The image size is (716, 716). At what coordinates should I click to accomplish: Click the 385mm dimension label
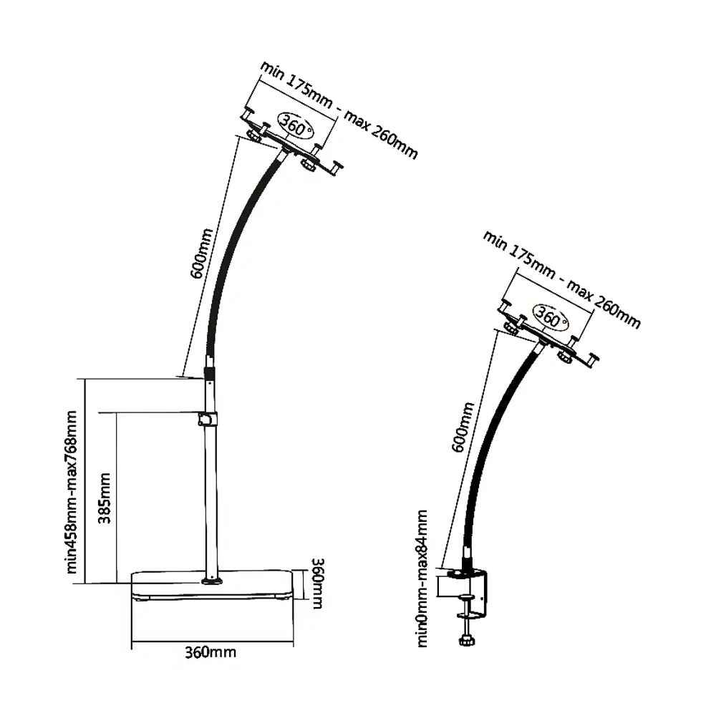[105, 498]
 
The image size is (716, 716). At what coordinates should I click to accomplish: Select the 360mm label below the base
[210, 652]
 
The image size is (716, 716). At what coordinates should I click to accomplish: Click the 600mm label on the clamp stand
[463, 427]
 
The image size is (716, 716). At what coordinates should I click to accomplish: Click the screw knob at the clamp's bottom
[468, 640]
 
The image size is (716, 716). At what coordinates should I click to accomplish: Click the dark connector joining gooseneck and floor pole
[210, 373]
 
